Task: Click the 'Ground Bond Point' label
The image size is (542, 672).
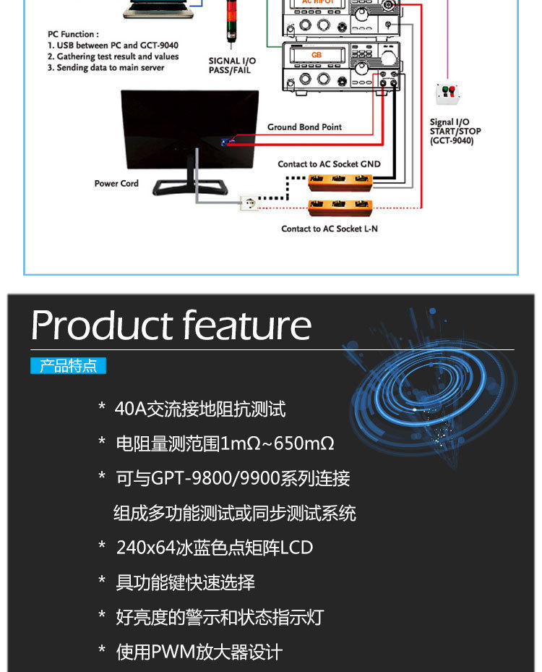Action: pos(304,127)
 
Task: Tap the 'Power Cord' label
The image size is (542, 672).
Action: pos(116,184)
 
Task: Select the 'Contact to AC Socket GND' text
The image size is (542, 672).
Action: pos(329,164)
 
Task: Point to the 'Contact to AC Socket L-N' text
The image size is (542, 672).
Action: pos(329,229)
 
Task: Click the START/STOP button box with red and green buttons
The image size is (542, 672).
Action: pos(448,93)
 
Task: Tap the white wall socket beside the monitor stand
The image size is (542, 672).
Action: pos(248,203)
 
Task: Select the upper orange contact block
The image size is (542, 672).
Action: pos(340,181)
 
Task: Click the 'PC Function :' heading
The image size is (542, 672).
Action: pos(74,34)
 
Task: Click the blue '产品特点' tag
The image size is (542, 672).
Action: pos(68,365)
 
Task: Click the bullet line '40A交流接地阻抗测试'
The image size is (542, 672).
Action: pos(200,409)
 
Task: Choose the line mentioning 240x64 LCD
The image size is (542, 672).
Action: pos(215,548)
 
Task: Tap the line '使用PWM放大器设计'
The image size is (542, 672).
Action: pos(199,652)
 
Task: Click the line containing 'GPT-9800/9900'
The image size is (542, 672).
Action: pos(233,479)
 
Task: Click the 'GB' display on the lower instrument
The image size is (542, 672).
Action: pos(317,56)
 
